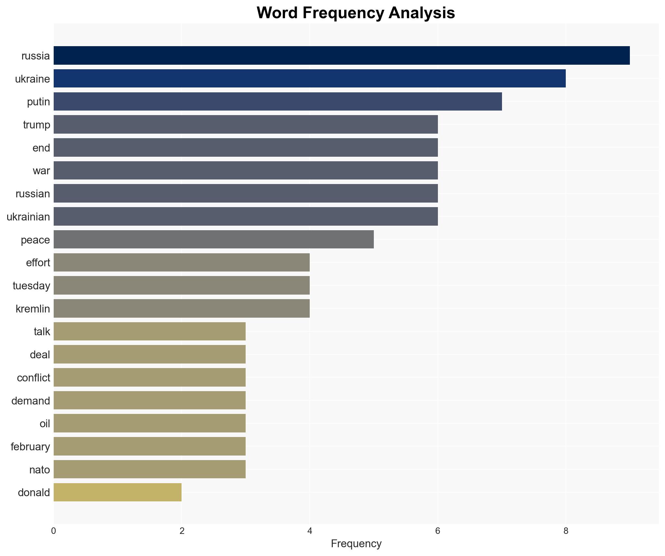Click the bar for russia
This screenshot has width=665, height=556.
(342, 56)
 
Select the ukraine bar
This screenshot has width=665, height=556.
(309, 79)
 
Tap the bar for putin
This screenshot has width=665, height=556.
(278, 101)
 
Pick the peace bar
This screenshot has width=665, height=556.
(213, 240)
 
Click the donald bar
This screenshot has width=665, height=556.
(117, 492)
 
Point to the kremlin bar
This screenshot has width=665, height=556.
(182, 309)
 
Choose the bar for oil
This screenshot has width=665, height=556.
(149, 423)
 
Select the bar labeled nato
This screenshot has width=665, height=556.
(149, 469)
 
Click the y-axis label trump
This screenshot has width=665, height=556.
(36, 125)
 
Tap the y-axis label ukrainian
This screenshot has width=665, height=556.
(28, 217)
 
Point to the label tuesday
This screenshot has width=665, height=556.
(31, 286)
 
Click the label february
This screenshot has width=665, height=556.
(30, 447)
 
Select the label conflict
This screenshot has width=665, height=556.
(34, 378)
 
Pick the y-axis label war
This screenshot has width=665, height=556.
(41, 171)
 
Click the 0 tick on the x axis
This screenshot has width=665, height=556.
(54, 531)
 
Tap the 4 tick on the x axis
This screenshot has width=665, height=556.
(310, 531)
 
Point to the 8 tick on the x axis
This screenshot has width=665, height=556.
(566, 531)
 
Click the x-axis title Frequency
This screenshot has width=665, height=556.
(356, 544)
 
